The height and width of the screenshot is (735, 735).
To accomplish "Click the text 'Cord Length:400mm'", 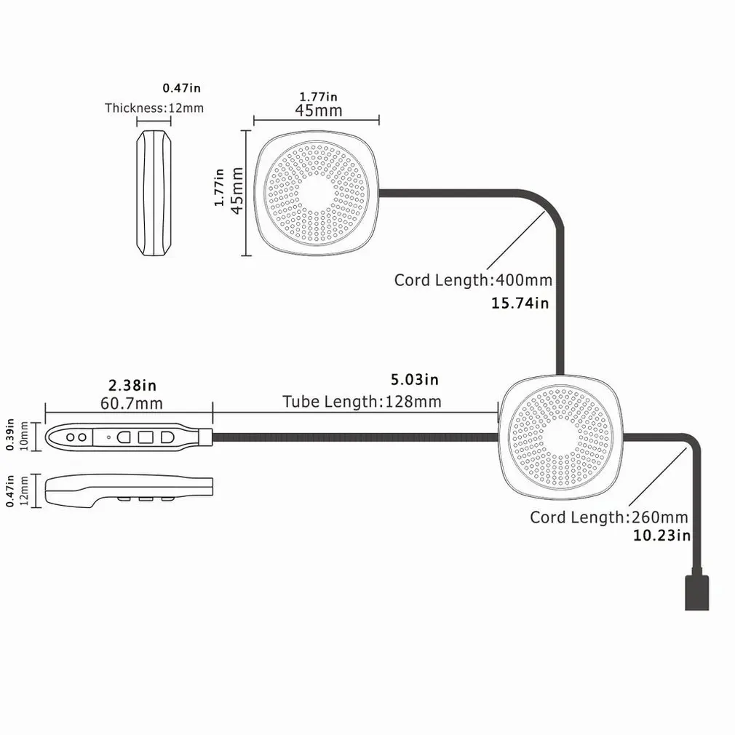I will click(472, 280).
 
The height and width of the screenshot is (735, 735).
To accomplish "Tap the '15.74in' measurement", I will click(521, 303).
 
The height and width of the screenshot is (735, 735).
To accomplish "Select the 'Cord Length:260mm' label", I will click(608, 517).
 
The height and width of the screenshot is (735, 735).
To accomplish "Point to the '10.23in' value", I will click(661, 536).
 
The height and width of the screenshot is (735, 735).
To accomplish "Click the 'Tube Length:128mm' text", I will click(362, 402).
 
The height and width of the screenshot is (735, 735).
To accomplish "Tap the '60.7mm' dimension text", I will click(133, 402).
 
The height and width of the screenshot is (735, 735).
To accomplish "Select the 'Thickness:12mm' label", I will click(154, 108).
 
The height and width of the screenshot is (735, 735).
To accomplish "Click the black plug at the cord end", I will click(697, 592).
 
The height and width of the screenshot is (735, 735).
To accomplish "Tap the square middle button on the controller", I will click(145, 437).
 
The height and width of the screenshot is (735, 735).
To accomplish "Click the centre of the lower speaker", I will click(561, 438).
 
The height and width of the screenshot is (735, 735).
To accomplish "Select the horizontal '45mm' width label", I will click(318, 111).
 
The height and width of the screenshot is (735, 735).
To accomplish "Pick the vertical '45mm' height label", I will click(236, 191).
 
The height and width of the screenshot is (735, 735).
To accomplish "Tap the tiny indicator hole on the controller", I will click(108, 437).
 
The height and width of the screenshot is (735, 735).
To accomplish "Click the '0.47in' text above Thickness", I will click(181, 88).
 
